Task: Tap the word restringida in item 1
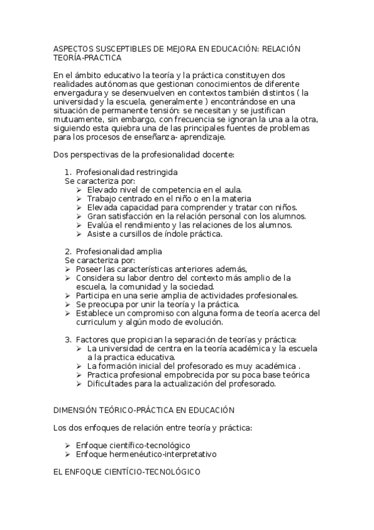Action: point(156,172)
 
